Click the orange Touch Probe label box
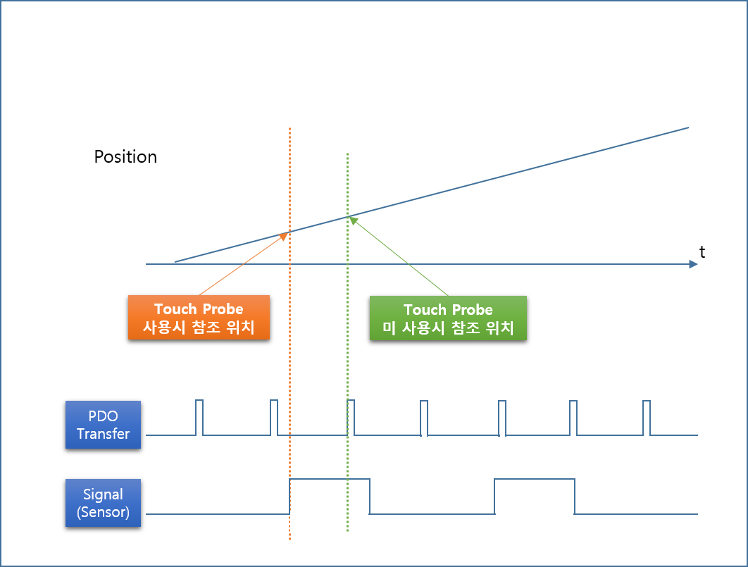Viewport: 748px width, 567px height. pyautogui.click(x=199, y=318)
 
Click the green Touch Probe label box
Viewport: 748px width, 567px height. pyautogui.click(x=448, y=318)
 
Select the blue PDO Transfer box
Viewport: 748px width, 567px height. pyautogui.click(x=103, y=425)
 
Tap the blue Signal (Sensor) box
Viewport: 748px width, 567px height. pyautogui.click(x=103, y=503)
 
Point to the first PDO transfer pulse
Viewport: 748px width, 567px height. pyautogui.click(x=199, y=420)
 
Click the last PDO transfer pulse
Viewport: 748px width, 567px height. pyautogui.click(x=647, y=420)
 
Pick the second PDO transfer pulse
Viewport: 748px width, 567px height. pyautogui.click(x=274, y=420)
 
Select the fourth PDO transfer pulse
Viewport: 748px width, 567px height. pyautogui.click(x=424, y=420)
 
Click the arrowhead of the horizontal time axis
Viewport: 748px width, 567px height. pyautogui.click(x=694, y=264)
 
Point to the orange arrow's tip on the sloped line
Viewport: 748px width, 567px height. pyautogui.click(x=286, y=234)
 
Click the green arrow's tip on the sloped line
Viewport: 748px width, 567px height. pyautogui.click(x=351, y=218)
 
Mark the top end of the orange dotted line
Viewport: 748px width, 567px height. pyautogui.click(x=289, y=129)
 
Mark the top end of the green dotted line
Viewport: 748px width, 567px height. pyautogui.click(x=347, y=154)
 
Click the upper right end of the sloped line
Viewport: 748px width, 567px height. pyautogui.click(x=688, y=127)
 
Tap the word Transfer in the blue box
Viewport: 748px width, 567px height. pyautogui.click(x=103, y=434)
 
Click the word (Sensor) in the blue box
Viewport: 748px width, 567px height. pyautogui.click(x=103, y=512)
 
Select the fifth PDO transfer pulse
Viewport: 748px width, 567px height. pyautogui.click(x=502, y=420)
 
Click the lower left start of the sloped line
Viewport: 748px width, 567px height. pyautogui.click(x=175, y=261)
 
